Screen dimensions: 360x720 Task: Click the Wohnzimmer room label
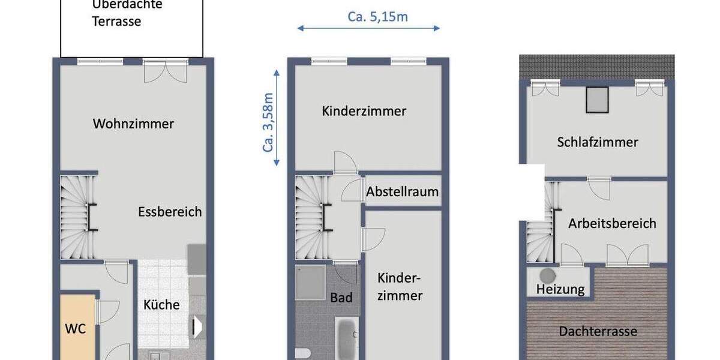pos(133,124)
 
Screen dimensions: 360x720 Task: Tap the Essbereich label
pos(170,212)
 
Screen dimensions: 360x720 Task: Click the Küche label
pos(161,305)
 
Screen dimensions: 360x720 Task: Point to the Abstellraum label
pos(403,193)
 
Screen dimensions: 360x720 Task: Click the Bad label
pos(341,298)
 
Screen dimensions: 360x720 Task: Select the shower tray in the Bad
pos(311,282)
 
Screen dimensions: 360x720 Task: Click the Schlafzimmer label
pos(598,142)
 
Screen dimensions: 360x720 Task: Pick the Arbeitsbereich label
pos(613,224)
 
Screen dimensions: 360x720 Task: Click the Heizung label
pos(560,289)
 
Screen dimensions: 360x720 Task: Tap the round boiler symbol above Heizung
pos(547,275)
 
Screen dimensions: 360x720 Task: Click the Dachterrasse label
pos(598,331)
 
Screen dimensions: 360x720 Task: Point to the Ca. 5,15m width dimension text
pos(378,17)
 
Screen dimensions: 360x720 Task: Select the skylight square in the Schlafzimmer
pos(598,100)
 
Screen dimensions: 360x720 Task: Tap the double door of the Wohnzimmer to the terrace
pos(166,72)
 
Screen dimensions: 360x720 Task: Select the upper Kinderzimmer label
pos(364,111)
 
